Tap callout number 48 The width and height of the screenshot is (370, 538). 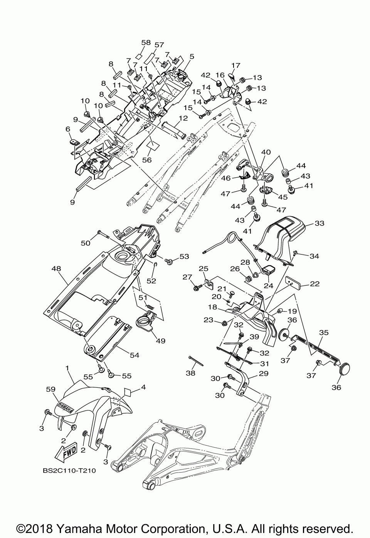pyautogui.click(x=56, y=269)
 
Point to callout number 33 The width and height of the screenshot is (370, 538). pyautogui.click(x=319, y=223)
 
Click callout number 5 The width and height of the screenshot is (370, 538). pyautogui.click(x=192, y=57)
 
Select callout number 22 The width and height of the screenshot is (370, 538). pyautogui.click(x=314, y=284)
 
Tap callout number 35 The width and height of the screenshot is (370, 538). pyautogui.click(x=324, y=332)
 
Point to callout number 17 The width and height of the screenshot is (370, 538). pyautogui.click(x=236, y=65)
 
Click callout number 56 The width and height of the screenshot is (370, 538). pyautogui.click(x=147, y=160)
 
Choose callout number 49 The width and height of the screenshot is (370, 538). pyautogui.click(x=160, y=341)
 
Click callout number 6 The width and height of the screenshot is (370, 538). pyautogui.click(x=68, y=129)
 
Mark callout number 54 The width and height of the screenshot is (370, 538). pyautogui.click(x=135, y=355)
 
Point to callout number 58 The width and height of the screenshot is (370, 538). pyautogui.click(x=146, y=42)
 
